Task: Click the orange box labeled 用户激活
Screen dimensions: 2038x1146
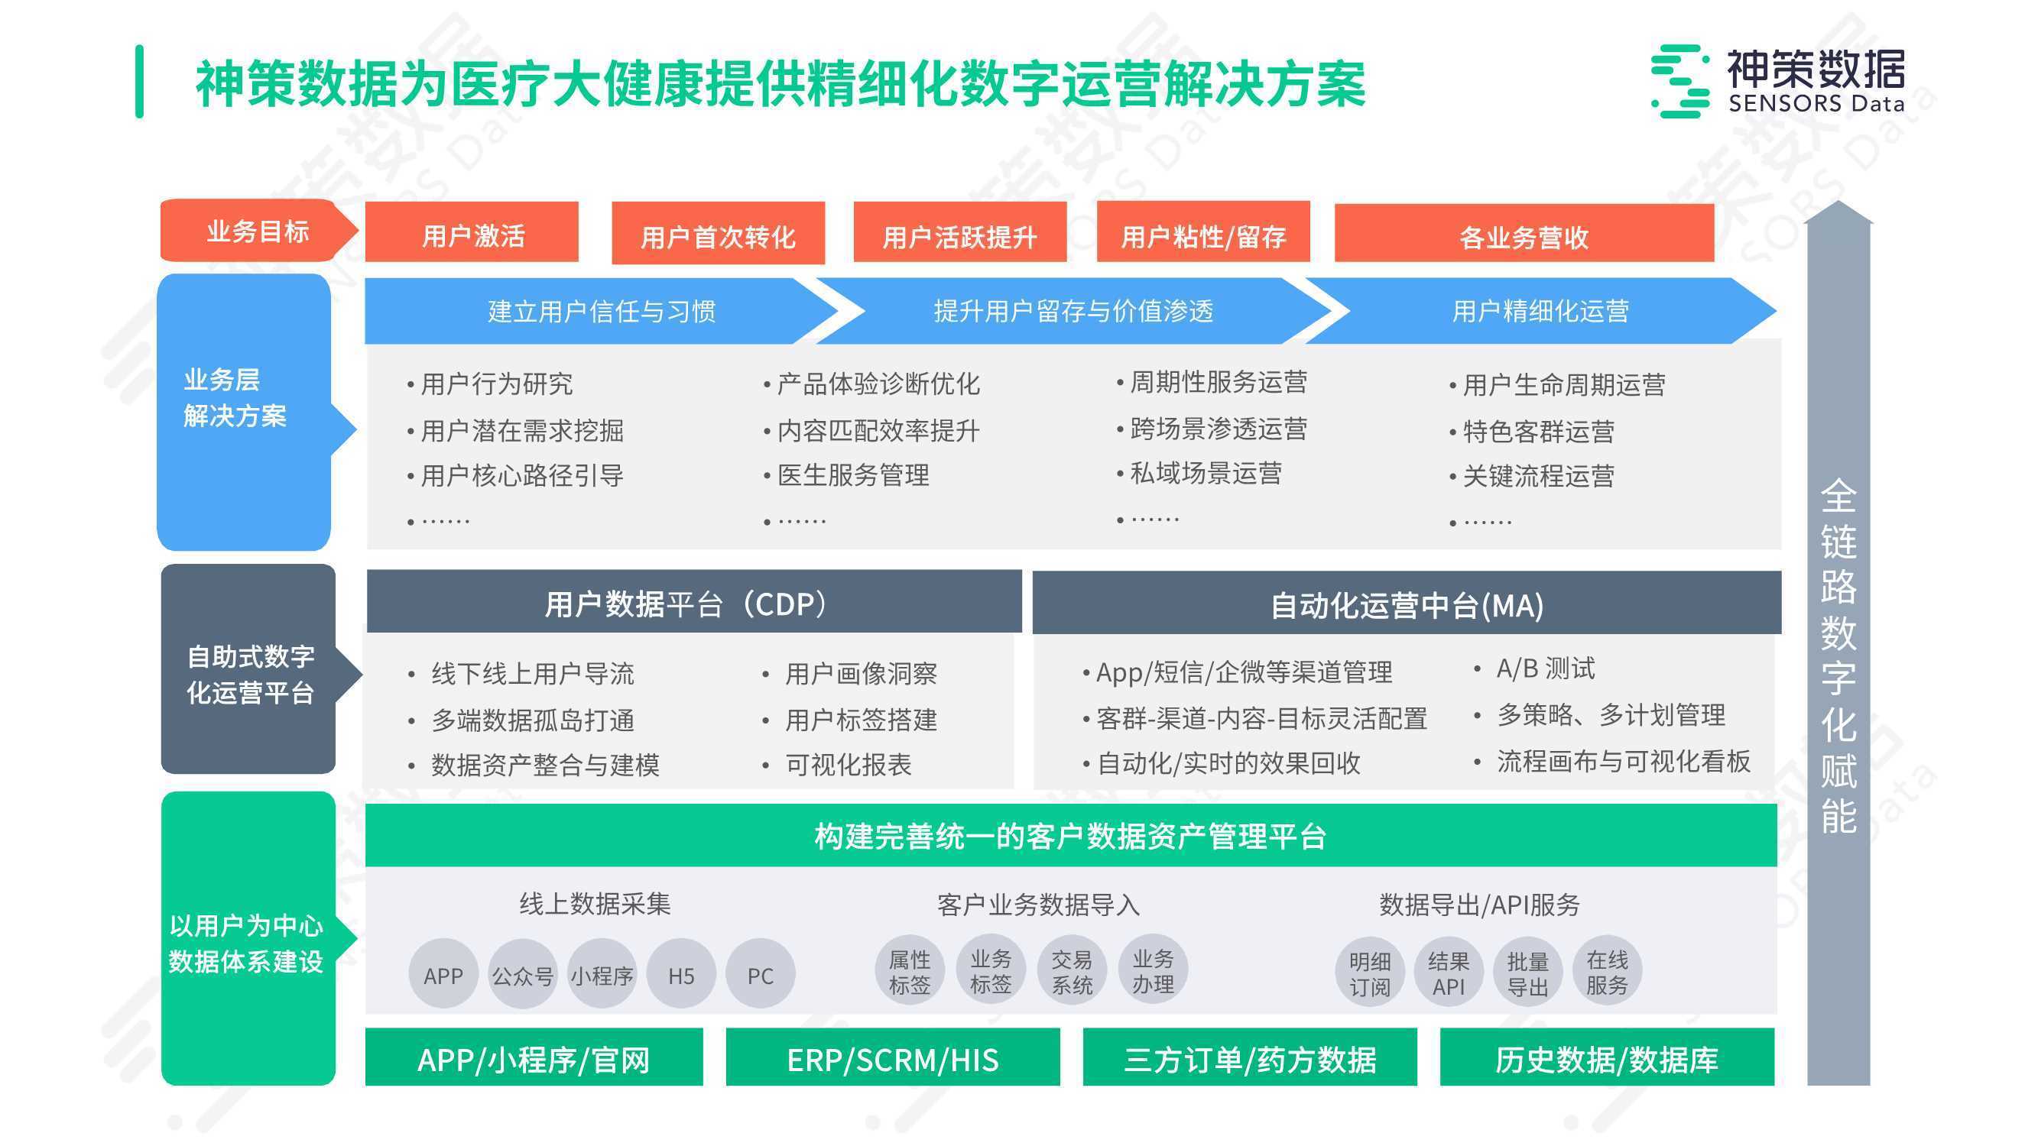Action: [x=472, y=231]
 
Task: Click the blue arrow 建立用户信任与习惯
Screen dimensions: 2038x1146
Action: [x=602, y=311]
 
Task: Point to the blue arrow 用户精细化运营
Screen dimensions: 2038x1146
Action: [x=1540, y=311]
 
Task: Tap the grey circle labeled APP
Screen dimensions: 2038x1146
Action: [x=443, y=974]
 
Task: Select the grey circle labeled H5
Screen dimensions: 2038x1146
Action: [x=681, y=974]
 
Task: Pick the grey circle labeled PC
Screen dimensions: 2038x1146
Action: [x=761, y=974]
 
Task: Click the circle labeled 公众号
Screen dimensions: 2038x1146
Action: [x=523, y=974]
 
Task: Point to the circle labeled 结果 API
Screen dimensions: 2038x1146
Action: [x=1449, y=973]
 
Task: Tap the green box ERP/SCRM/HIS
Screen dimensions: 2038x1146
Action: [x=892, y=1057]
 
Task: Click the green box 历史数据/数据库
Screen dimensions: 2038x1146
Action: [x=1607, y=1057]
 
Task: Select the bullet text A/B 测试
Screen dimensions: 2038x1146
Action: [x=1545, y=668]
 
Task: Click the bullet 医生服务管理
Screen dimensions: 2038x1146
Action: [x=853, y=474]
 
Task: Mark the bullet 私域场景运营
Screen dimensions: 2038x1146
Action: [x=1206, y=473]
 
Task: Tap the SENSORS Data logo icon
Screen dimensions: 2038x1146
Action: [x=1680, y=82]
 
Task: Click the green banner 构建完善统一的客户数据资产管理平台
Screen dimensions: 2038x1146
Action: [x=1071, y=835]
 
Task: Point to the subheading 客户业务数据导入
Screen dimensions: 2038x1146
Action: [x=1038, y=904]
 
